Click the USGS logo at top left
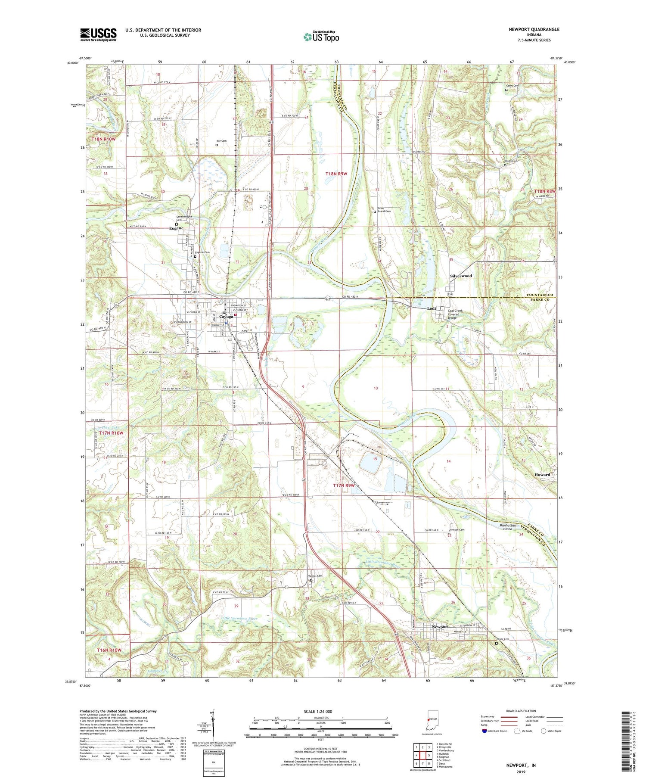(98, 34)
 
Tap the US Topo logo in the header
(321, 37)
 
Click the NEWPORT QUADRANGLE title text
(534, 29)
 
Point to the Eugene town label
(176, 228)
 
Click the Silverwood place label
(461, 276)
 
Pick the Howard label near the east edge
(542, 474)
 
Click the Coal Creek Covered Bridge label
(457, 314)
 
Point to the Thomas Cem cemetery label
(314, 576)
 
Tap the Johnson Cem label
(457, 530)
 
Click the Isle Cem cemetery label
(221, 141)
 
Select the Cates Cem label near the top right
(512, 86)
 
